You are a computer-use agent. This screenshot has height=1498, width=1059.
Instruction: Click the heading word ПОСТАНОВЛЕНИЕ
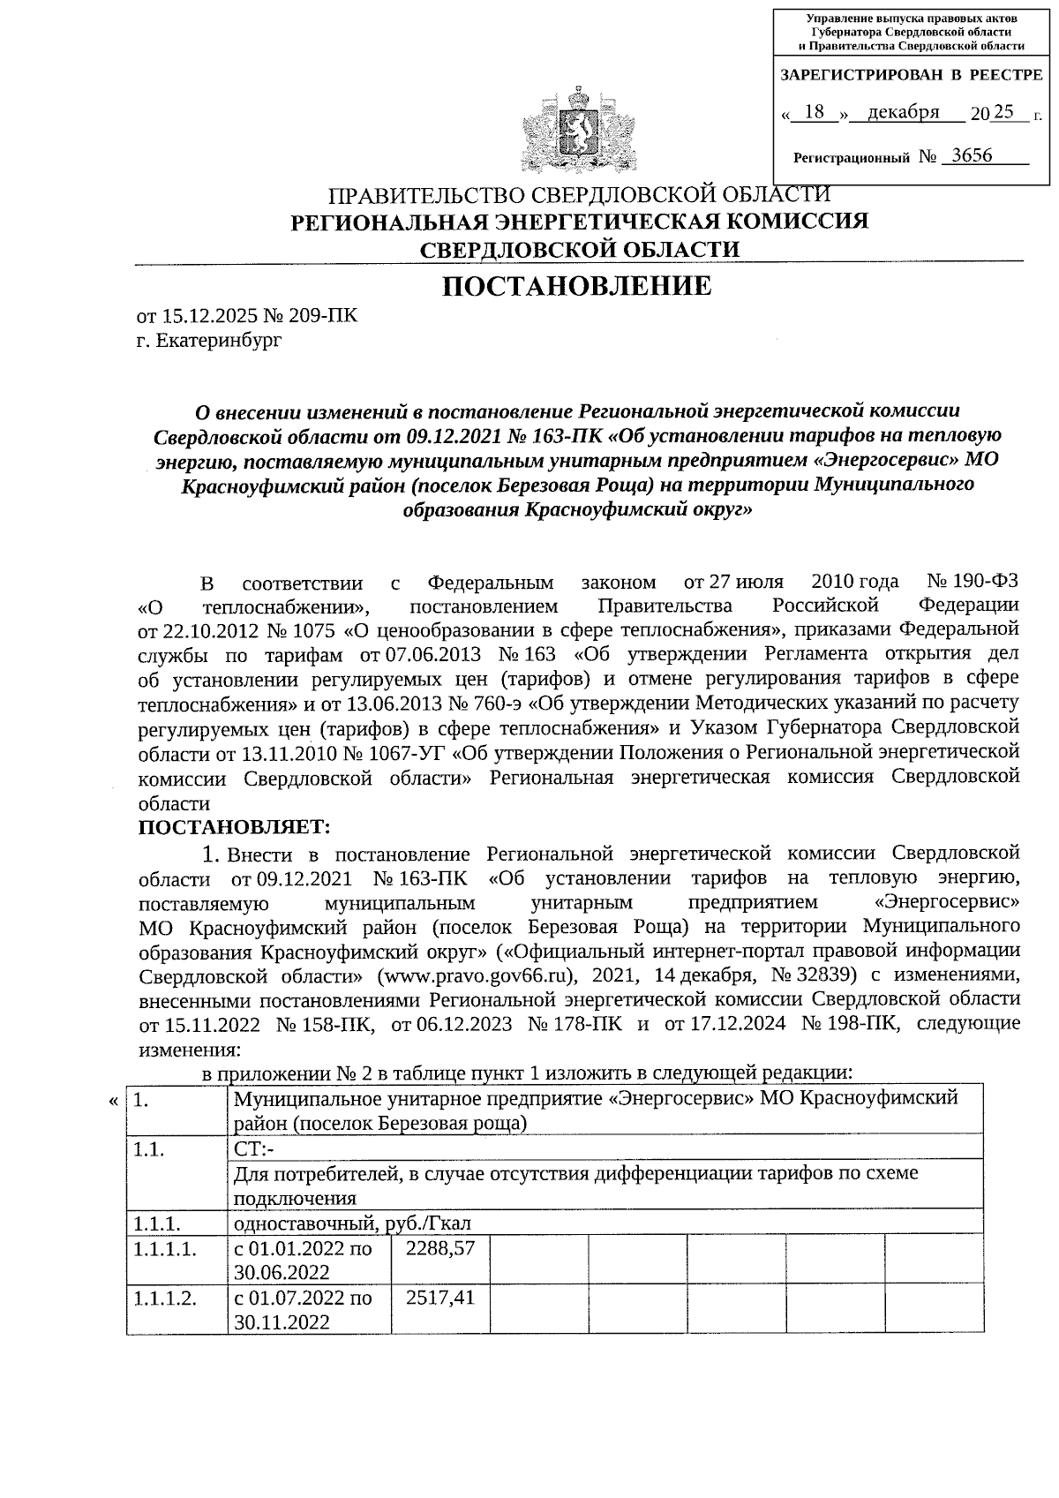(576, 286)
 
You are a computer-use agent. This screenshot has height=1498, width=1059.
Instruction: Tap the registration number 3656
(966, 156)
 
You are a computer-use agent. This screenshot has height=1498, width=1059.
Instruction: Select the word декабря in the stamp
(903, 112)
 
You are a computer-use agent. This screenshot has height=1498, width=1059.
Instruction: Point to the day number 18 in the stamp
(815, 112)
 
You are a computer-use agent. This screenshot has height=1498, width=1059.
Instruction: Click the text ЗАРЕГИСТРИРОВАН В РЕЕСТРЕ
(910, 76)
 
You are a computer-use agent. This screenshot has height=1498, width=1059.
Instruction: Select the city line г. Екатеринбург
(209, 339)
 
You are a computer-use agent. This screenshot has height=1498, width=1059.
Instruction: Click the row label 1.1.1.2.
(164, 1299)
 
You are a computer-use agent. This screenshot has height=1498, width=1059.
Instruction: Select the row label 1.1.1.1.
(164, 1249)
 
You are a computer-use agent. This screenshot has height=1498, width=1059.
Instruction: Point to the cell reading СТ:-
(255, 1148)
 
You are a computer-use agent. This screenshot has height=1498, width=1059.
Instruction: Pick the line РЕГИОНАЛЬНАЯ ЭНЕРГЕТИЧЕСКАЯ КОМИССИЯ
(580, 222)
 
